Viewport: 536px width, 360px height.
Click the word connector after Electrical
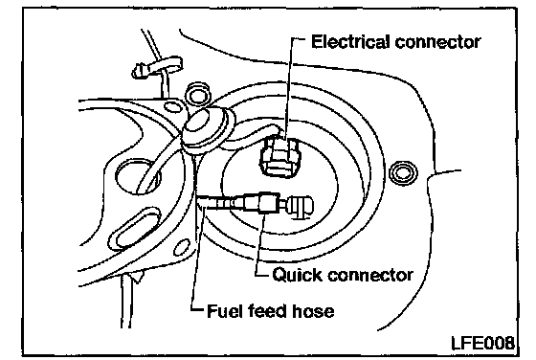[x=438, y=42]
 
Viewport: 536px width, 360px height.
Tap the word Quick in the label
[x=298, y=274]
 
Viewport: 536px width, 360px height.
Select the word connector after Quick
[x=370, y=275]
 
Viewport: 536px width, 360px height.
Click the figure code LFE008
[x=482, y=343]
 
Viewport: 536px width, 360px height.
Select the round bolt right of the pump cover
[x=403, y=172]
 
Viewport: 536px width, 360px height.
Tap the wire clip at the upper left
[x=158, y=67]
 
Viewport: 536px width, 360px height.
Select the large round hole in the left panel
[x=139, y=176]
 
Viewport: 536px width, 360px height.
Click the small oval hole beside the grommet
[x=172, y=107]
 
